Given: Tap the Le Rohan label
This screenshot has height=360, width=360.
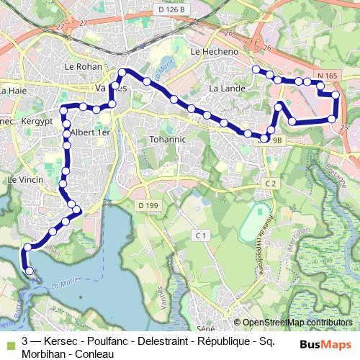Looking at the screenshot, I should pos(81,67).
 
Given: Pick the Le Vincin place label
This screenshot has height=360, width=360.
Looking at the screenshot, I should pos(25,179).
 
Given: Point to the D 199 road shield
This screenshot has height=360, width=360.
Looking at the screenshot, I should pos(147,206).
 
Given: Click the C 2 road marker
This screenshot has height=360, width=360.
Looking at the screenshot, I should pos(270,184).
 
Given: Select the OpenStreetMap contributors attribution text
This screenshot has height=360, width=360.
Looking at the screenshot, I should pos(297,323).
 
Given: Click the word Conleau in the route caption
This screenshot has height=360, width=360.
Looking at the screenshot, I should pos(93,353).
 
